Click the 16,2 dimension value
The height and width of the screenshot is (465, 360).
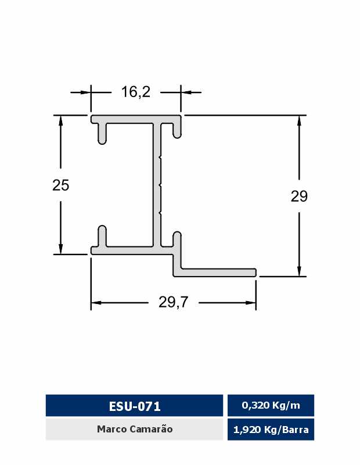tap(136, 92)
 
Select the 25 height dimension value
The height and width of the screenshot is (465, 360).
tap(61, 185)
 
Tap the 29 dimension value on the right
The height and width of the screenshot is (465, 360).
tap(299, 196)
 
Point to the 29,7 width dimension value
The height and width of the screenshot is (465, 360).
tap(174, 302)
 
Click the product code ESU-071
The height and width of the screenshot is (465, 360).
tap(135, 406)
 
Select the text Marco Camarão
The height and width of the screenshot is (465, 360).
tap(135, 429)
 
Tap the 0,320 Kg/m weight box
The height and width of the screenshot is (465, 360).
tap(271, 405)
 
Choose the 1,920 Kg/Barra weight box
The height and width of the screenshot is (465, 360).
tap(271, 430)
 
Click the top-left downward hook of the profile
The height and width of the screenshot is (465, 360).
tap(102, 134)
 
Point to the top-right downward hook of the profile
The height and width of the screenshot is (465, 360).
tap(177, 129)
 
